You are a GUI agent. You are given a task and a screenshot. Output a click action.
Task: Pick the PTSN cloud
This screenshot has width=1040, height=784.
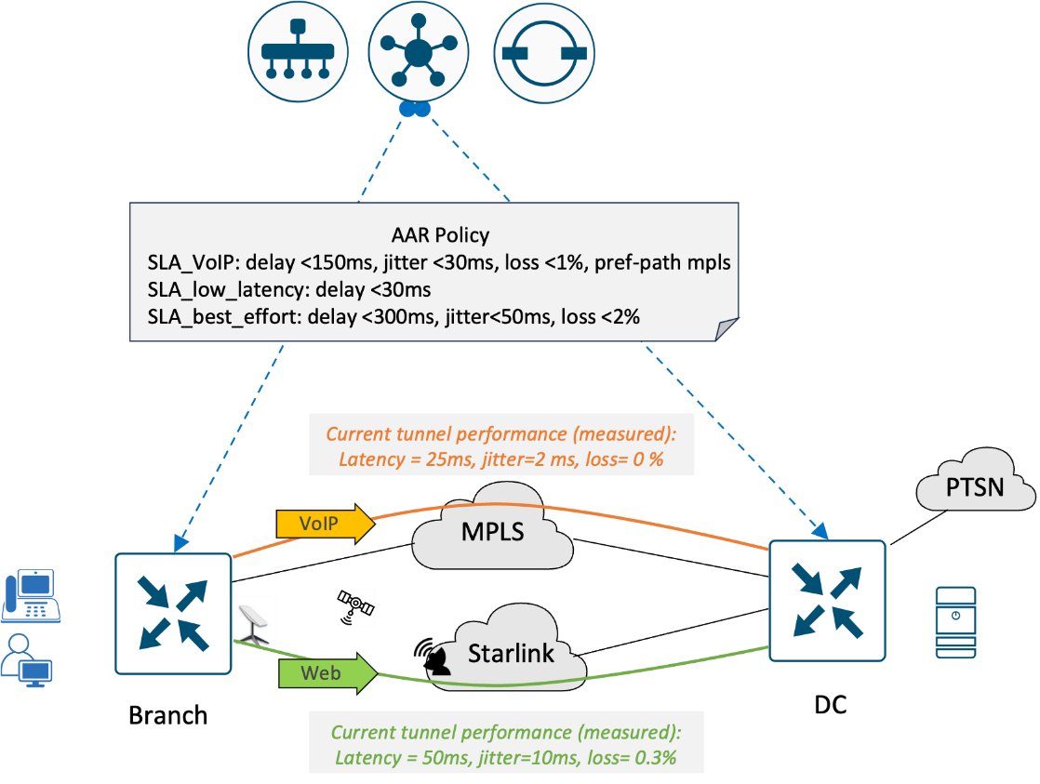click(x=975, y=485)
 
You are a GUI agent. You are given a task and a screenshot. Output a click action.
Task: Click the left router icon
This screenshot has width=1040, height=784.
click(x=172, y=613)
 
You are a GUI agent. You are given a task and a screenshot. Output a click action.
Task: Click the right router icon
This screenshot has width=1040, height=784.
click(x=827, y=600)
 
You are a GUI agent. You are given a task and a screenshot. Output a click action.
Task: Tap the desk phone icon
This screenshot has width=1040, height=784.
click(x=31, y=597)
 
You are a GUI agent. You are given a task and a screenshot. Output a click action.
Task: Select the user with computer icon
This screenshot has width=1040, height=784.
click(x=27, y=660)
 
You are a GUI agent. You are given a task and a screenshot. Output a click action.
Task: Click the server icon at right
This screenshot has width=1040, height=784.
click(x=955, y=622)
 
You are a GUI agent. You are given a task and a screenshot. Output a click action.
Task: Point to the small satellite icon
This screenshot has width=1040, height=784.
click(x=355, y=607)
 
